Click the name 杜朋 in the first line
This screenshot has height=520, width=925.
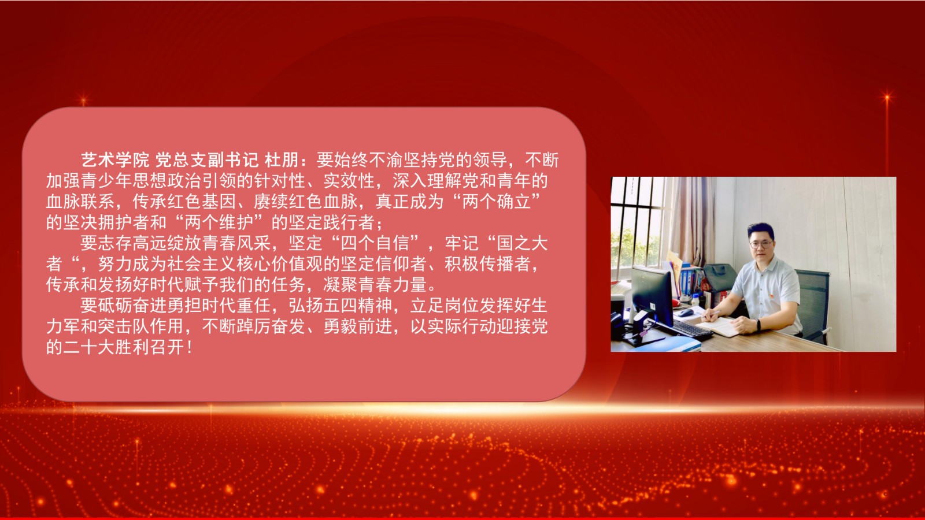(x=281, y=160)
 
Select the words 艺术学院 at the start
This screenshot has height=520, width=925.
(x=115, y=160)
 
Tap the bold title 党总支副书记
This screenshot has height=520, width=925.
(x=207, y=160)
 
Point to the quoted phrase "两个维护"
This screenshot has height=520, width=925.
(x=219, y=222)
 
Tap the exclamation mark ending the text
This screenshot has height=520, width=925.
(x=190, y=347)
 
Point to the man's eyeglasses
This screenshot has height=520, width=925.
(x=761, y=244)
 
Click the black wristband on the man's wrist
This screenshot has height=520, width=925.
(x=758, y=325)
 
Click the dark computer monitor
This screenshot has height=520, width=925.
(x=653, y=296)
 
